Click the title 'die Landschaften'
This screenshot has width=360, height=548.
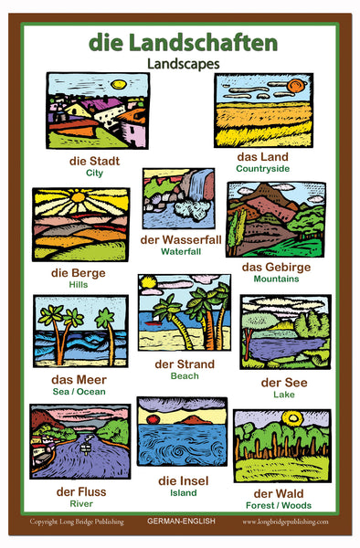183,42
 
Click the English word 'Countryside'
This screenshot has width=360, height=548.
262,168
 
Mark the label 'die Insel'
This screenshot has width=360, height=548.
183,480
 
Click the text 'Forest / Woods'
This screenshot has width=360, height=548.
279,505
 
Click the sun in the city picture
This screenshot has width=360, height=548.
118,84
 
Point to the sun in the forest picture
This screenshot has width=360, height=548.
291,419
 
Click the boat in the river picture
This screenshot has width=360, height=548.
84,448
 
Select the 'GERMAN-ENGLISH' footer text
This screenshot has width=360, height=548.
182,522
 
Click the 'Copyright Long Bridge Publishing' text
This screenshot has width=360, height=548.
76,522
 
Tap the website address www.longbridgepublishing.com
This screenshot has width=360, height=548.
286,522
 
